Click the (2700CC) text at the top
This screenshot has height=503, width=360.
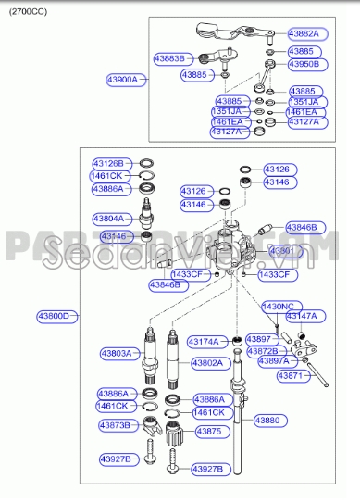pos(31,10)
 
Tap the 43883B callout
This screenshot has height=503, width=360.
pos(173,58)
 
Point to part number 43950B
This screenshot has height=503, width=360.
pos(303,65)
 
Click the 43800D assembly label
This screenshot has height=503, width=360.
pos(56,316)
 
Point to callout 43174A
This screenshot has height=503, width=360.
pos(205,342)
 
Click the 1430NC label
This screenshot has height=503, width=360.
pos(278,306)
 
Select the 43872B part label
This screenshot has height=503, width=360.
pos(262,351)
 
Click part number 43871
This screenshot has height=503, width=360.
pos(290,376)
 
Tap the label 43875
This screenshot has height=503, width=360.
pos(209,432)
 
